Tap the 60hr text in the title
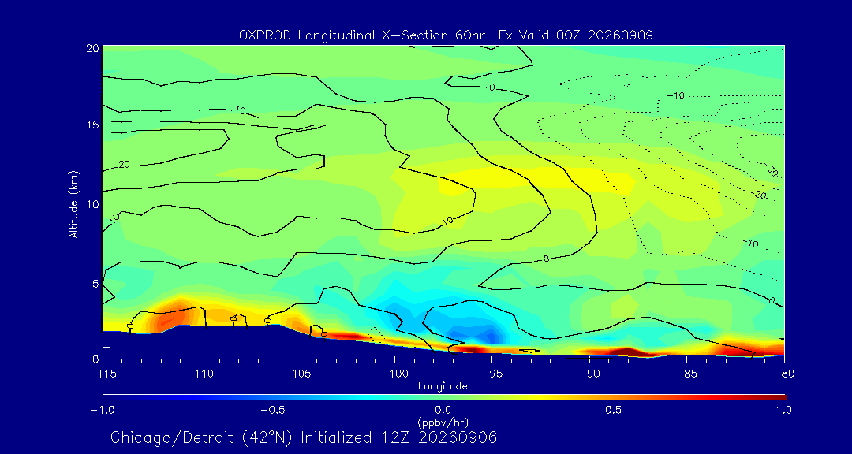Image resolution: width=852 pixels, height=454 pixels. pyautogui.click(x=471, y=35)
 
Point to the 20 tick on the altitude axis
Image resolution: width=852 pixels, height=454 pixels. pyautogui.click(x=92, y=47)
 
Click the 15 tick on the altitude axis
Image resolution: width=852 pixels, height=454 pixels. pyautogui.click(x=92, y=125)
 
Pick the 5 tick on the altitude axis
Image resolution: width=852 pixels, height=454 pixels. pyautogui.click(x=95, y=284)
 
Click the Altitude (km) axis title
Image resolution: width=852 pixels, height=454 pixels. pyautogui.click(x=74, y=203)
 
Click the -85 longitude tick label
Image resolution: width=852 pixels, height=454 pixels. pyautogui.click(x=687, y=374)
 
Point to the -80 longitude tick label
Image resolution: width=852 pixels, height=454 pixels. pyautogui.click(x=784, y=374)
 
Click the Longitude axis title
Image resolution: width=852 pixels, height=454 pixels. pyautogui.click(x=443, y=387)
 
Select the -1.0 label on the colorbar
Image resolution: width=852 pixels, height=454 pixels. pyautogui.click(x=102, y=410)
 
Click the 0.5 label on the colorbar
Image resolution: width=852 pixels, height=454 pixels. pyautogui.click(x=613, y=410)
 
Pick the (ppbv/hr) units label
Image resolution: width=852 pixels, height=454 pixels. pyautogui.click(x=443, y=422)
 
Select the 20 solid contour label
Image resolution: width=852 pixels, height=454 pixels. pyautogui.click(x=124, y=164)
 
